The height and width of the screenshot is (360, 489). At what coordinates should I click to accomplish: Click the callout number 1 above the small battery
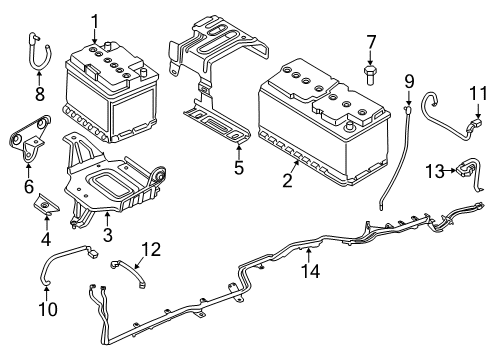95,19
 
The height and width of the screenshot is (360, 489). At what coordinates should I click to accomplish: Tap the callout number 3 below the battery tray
108,236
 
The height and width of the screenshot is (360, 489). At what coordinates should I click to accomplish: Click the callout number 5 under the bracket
238,168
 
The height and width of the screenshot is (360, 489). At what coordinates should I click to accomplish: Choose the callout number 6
28,186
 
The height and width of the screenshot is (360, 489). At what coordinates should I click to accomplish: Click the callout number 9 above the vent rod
408,81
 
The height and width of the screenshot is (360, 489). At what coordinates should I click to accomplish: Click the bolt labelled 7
369,76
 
